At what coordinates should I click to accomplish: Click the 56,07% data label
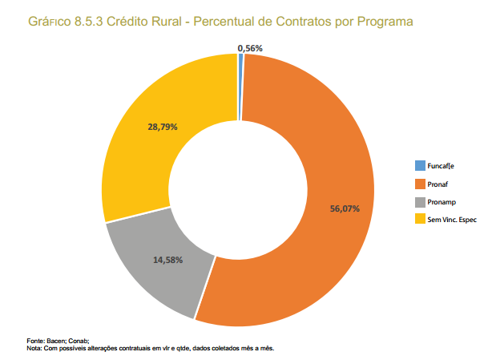[345, 208]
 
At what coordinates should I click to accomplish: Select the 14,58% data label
[168, 260]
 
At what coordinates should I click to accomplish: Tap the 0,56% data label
[250, 49]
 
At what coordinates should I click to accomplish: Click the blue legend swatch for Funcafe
[420, 166]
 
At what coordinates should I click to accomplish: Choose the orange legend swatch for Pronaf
[420, 184]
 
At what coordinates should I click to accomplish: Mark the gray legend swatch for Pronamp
[420, 201]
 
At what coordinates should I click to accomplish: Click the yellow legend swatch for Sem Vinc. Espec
[420, 219]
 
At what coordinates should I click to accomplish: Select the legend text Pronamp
[444, 201]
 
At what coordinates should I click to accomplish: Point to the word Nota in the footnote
[34, 349]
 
